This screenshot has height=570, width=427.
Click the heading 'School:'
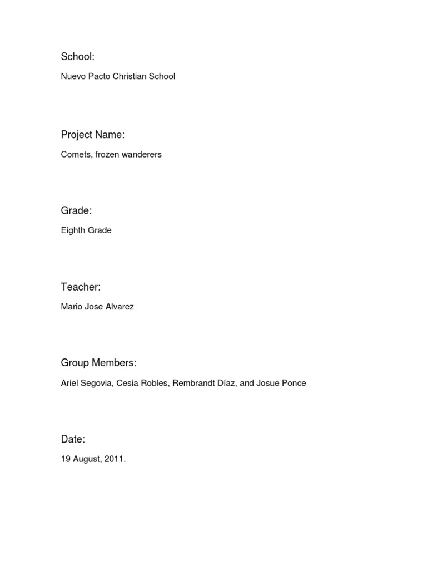78,57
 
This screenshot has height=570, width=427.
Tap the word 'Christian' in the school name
130,76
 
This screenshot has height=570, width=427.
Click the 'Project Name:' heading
92,135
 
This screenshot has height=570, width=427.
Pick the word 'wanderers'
143,154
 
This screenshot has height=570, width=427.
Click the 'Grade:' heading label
76,210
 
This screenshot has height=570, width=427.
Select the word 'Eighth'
72,230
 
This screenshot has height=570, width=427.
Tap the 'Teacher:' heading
81,287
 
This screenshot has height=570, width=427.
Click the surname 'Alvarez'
118,307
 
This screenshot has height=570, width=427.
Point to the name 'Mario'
71,307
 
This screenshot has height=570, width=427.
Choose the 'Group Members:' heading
98,363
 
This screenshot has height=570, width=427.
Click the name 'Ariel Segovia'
86,383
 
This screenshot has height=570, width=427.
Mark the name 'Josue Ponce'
281,383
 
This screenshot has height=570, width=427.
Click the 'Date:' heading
73,440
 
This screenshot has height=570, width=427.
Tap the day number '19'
66,459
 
